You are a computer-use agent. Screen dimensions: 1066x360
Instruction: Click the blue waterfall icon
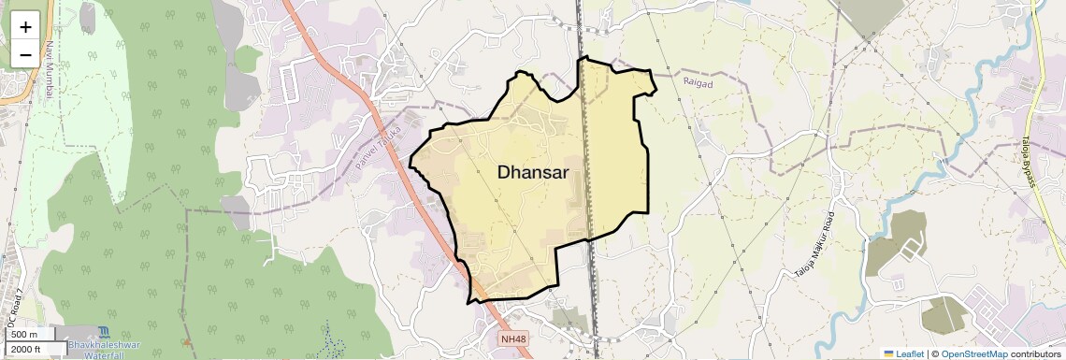coord(102,332)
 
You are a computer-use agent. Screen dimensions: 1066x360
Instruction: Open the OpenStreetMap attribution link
coord(974,354)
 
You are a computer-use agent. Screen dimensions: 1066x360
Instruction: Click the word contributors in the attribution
coord(1037,354)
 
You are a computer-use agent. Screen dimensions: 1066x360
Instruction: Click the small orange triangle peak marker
coord(187,342)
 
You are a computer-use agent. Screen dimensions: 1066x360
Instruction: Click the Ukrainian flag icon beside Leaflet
coord(889,354)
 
